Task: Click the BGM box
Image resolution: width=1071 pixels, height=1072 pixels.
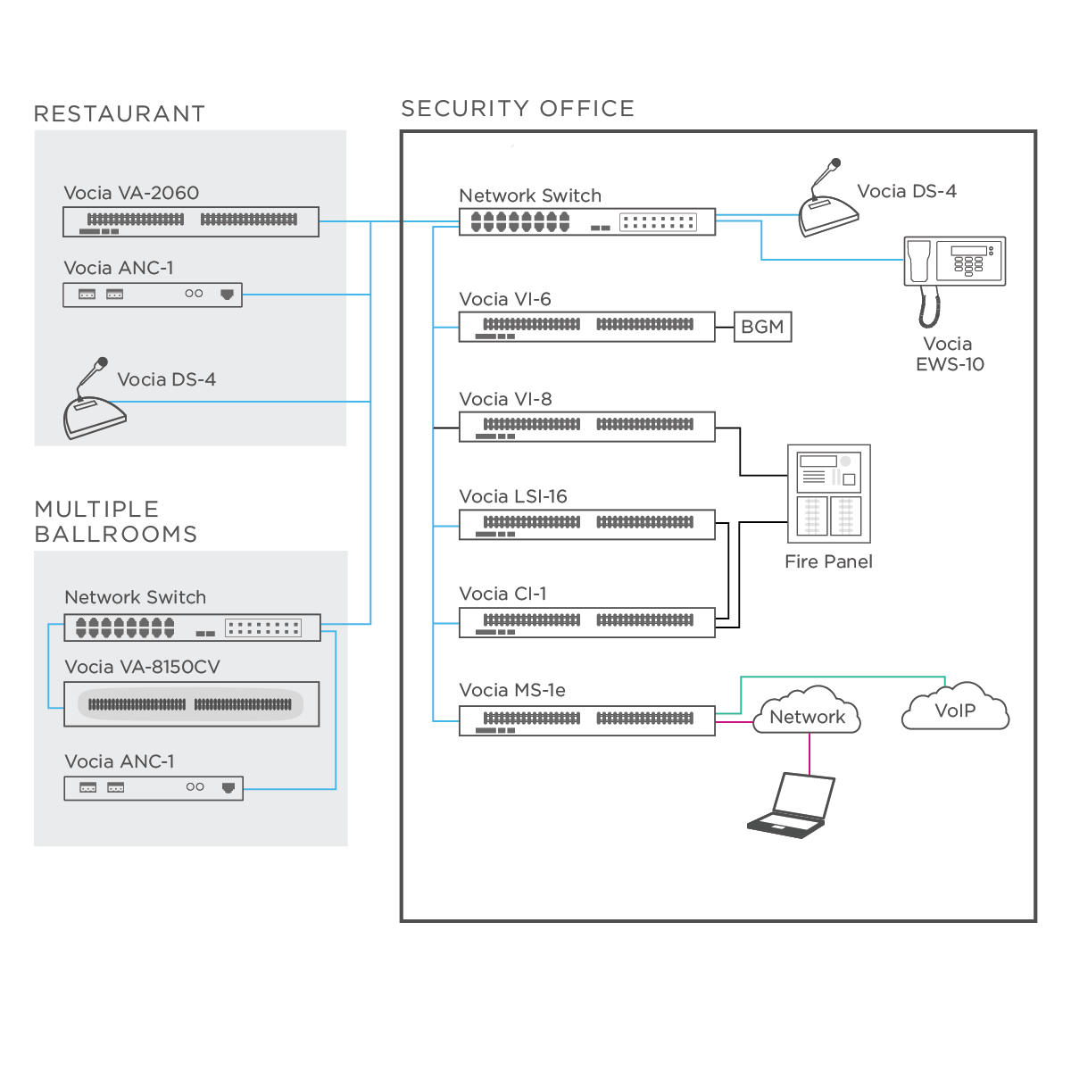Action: [762, 327]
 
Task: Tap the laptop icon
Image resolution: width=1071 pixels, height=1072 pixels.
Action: [792, 805]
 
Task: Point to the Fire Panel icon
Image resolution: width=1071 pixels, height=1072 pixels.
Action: [828, 494]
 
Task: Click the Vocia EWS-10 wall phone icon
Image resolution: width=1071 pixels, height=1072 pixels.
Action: [954, 268]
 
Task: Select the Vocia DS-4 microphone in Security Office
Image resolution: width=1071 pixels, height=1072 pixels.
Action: [827, 204]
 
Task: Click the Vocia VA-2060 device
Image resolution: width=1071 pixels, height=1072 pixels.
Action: [190, 221]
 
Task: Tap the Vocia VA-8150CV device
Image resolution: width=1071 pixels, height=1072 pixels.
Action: [191, 704]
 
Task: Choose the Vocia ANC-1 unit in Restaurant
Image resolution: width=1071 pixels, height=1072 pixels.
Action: [152, 295]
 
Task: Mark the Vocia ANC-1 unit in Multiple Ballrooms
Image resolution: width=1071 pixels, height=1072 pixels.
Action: [154, 788]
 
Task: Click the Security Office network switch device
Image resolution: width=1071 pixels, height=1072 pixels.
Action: [586, 222]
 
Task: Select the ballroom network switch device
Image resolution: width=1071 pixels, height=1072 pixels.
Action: [192, 628]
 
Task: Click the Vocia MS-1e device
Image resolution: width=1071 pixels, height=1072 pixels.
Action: [586, 720]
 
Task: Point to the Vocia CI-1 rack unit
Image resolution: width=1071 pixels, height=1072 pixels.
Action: [586, 622]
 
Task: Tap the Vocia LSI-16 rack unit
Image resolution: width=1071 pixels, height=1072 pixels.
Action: [586, 525]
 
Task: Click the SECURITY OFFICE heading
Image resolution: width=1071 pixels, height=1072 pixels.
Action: [518, 109]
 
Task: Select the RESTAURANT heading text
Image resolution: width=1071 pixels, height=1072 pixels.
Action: [120, 114]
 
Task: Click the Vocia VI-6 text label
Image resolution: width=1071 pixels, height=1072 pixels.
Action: [505, 299]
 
